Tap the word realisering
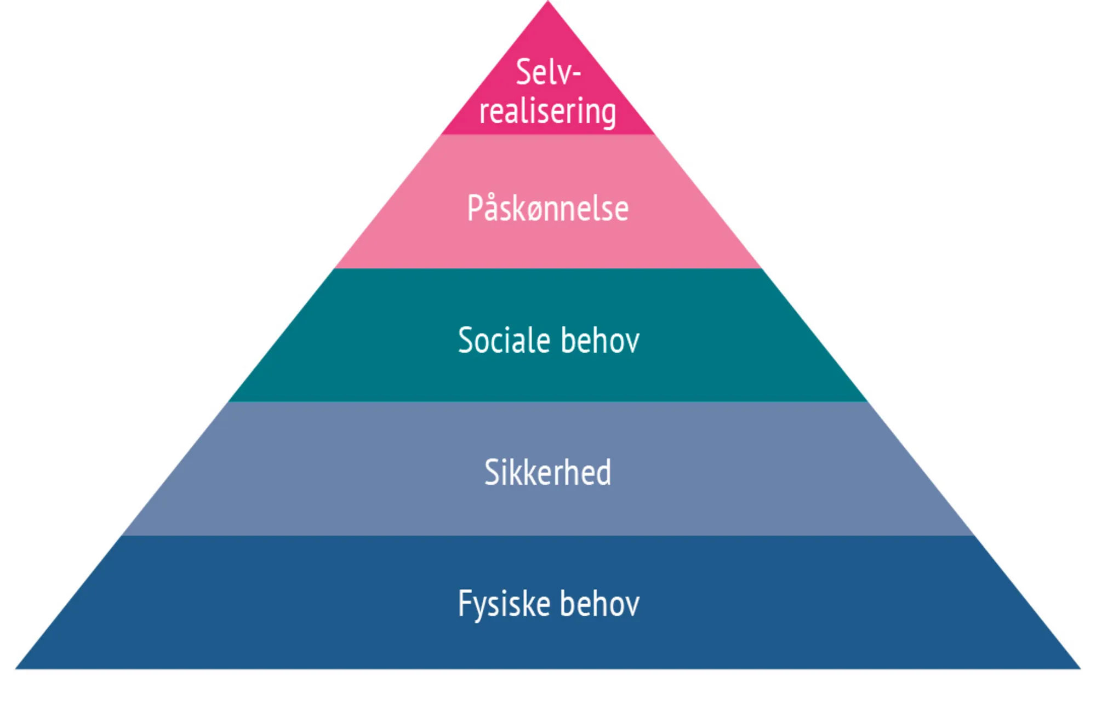(x=547, y=112)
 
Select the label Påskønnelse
(x=547, y=209)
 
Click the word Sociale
(x=504, y=341)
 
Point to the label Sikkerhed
(x=547, y=472)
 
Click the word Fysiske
(x=504, y=604)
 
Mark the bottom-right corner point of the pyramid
(x=1080, y=668)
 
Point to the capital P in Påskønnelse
(x=475, y=208)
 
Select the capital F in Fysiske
(x=464, y=603)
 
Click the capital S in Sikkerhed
(x=491, y=472)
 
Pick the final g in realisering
(x=608, y=114)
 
